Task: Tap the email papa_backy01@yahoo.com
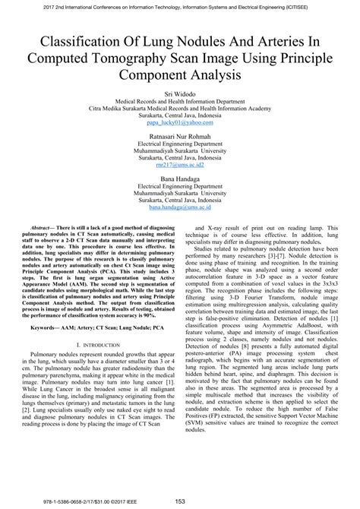[x=180, y=122]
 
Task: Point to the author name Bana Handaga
[x=180, y=177]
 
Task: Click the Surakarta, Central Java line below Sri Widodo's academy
[x=180, y=114]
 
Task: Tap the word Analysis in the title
[x=214, y=76]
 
